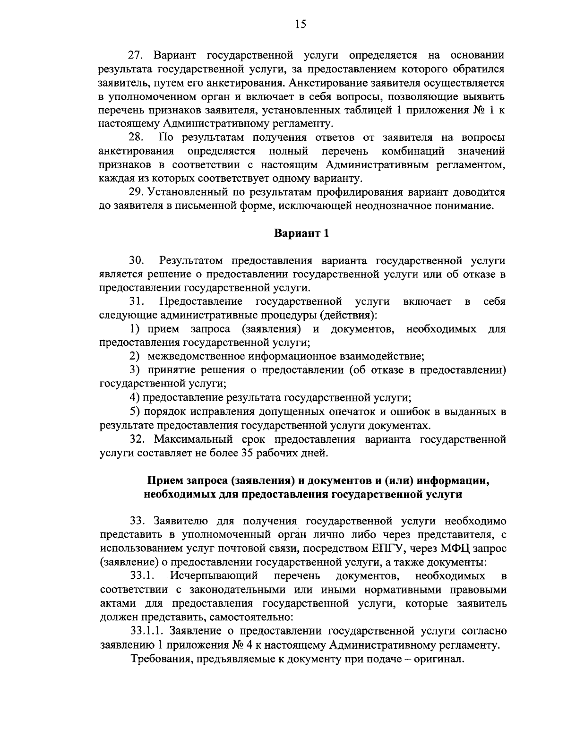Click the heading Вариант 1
click(x=301, y=233)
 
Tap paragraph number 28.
click(x=136, y=137)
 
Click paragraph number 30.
click(x=137, y=260)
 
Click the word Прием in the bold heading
click(x=163, y=480)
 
